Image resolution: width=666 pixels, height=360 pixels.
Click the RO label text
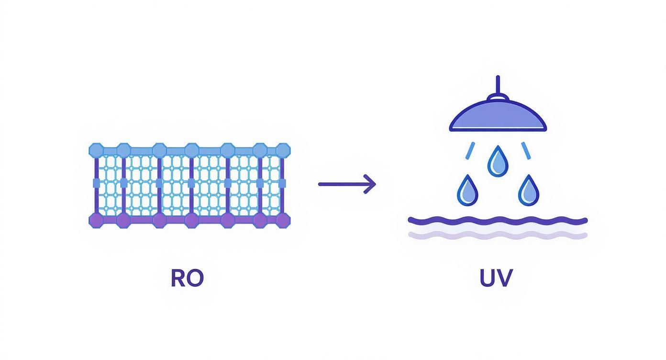pos(187,278)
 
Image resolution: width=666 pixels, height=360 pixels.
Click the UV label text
pos(496,278)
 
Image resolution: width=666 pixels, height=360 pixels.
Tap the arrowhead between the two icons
pos(371,184)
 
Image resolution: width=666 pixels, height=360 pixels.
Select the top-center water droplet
pos(498,162)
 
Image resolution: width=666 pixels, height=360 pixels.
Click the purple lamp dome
pos(498,117)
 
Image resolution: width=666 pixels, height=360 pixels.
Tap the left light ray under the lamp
pos(471,150)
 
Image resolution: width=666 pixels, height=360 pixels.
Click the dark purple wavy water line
pos(498,220)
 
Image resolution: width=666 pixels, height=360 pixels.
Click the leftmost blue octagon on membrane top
pos(96,150)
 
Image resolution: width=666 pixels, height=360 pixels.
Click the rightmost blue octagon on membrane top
pos(283,150)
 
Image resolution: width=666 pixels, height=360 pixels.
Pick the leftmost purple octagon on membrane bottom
pos(96,220)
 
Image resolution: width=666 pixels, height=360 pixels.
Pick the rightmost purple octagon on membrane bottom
pos(283,220)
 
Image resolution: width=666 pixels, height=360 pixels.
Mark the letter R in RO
pos(178,278)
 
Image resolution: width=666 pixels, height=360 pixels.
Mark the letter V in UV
pos(505,278)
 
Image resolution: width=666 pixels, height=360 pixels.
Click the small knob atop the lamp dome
pos(498,97)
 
